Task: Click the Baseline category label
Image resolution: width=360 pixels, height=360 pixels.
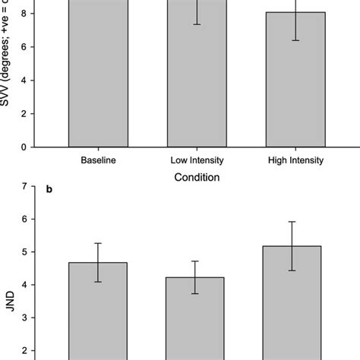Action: point(99,160)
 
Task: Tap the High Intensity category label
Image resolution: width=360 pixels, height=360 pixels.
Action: point(295,160)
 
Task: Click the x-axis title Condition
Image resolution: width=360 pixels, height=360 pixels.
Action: point(197,178)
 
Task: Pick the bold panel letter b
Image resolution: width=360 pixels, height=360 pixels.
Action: point(49,188)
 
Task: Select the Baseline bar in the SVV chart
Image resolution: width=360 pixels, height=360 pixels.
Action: point(99,76)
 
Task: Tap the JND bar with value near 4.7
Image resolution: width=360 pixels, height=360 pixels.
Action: point(99,311)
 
